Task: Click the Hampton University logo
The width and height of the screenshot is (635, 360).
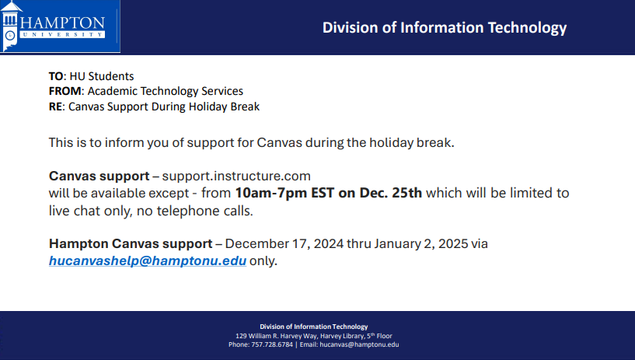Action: tap(60, 26)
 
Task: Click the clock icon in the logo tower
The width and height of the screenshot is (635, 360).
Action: tap(10, 36)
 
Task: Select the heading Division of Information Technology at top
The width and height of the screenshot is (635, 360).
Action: tap(445, 27)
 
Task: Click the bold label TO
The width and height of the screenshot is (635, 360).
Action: tap(56, 76)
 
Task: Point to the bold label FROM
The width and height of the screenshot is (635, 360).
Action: tap(65, 91)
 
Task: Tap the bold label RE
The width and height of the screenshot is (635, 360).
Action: tap(55, 107)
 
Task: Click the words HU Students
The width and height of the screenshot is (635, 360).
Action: tap(102, 76)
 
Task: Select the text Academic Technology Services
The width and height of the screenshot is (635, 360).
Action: tap(166, 91)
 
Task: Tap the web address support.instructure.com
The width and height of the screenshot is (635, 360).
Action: tap(236, 177)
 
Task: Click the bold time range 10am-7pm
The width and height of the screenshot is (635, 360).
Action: tap(271, 193)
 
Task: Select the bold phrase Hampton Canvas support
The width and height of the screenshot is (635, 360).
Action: tap(131, 244)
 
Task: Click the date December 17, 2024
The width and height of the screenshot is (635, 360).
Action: tap(284, 244)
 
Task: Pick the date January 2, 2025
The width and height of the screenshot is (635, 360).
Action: tap(421, 244)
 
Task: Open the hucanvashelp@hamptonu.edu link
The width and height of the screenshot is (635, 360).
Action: tap(148, 260)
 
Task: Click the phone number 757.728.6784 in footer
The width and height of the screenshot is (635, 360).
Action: tap(272, 344)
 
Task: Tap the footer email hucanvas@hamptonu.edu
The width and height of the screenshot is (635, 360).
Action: tap(359, 344)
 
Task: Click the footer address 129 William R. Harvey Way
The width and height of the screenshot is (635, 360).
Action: tap(277, 336)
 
